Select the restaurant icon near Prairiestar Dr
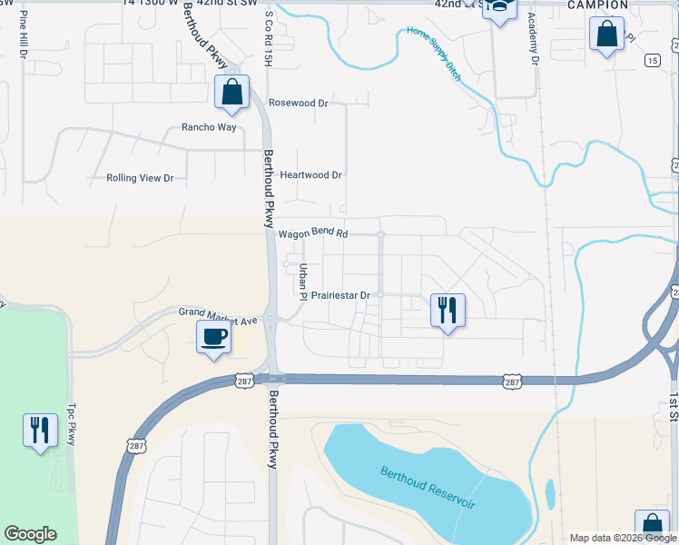[x=448, y=310]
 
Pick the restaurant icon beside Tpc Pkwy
[x=39, y=430]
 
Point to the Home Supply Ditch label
[x=435, y=54]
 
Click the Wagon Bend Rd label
[x=313, y=233]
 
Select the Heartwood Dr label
[x=310, y=174]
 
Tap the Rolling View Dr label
[x=140, y=178]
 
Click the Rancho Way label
[x=209, y=127]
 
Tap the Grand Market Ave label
[x=219, y=316]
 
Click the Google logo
[x=30, y=534]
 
